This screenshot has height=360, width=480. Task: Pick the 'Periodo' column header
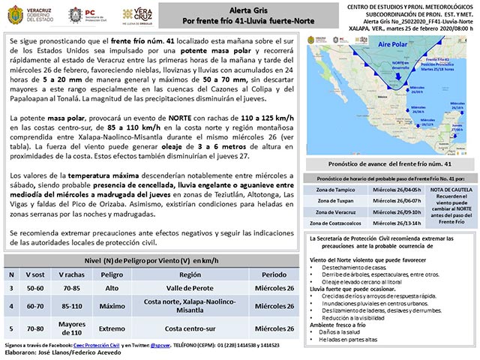click(x=273, y=274)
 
